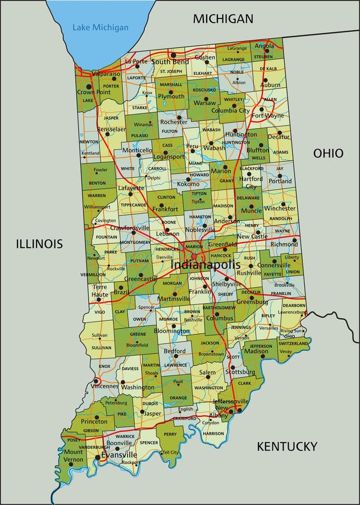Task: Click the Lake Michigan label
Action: (x=100, y=27)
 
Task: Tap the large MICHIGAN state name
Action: (x=223, y=19)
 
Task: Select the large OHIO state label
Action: (x=328, y=153)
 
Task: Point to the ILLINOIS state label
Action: (x=39, y=244)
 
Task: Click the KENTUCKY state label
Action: (x=287, y=447)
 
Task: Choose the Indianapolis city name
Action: (x=205, y=265)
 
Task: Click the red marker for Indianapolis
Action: (x=194, y=256)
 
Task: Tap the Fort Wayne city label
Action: (x=267, y=116)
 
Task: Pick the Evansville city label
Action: (x=119, y=454)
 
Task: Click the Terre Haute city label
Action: (x=99, y=291)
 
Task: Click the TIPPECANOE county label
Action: (x=133, y=205)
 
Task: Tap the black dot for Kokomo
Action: (x=188, y=180)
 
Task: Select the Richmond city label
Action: (x=284, y=244)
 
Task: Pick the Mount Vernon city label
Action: (x=73, y=456)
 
